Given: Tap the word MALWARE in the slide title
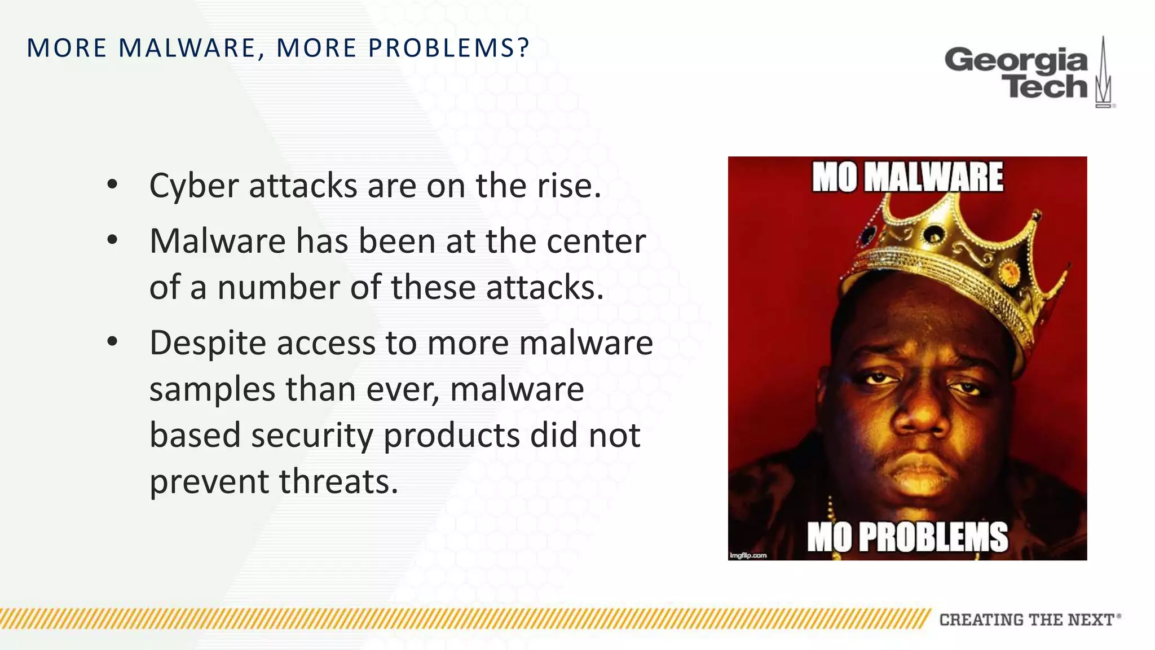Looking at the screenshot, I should pos(187,48).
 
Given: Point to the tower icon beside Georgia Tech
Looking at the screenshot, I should pos(1104,73).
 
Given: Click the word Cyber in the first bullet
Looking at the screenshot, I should pos(194,186).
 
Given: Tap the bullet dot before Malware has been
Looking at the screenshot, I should pos(112,240).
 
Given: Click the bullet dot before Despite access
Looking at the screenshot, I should pos(112,341).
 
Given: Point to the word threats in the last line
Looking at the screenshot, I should pos(338,482).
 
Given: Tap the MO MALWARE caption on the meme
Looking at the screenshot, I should pos(907,178).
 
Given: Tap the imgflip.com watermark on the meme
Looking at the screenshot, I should pos(748,555).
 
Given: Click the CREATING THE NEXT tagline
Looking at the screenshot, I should pos(1026,620).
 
